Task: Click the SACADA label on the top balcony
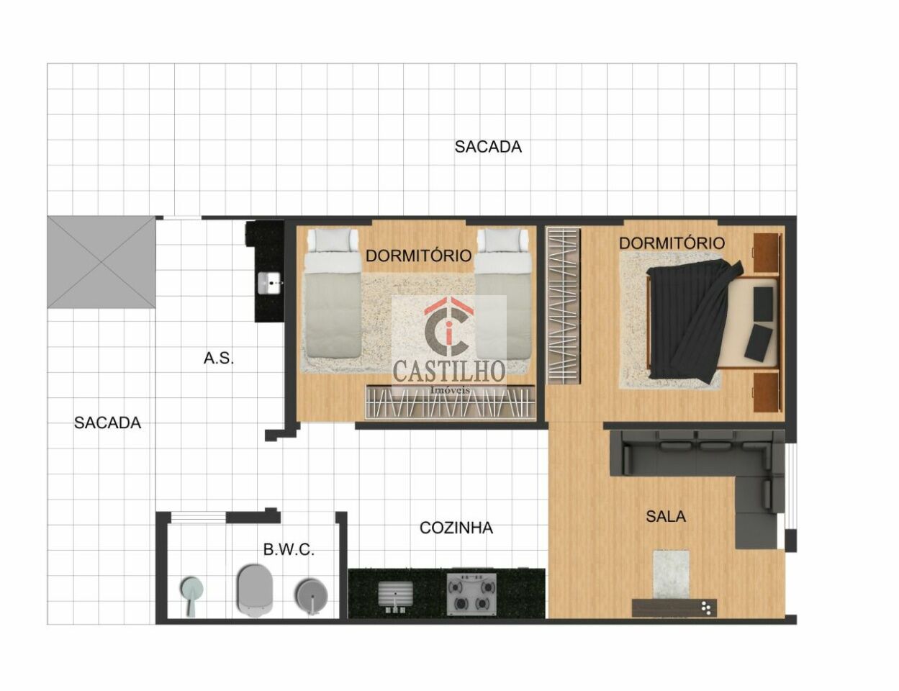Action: pyautogui.click(x=488, y=147)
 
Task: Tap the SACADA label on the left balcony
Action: pyautogui.click(x=107, y=423)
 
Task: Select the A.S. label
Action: pyautogui.click(x=218, y=358)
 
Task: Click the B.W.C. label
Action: pyautogui.click(x=289, y=550)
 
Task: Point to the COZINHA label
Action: pyautogui.click(x=456, y=528)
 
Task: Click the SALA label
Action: pyautogui.click(x=666, y=517)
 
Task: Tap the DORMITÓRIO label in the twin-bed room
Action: pyautogui.click(x=419, y=256)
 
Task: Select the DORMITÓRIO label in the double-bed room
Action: pyautogui.click(x=672, y=243)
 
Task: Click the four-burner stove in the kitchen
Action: pyautogui.click(x=471, y=594)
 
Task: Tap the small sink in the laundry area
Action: pyautogui.click(x=269, y=284)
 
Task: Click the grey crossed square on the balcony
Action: pyautogui.click(x=101, y=263)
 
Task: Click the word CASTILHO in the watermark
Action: pyautogui.click(x=449, y=371)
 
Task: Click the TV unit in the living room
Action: pyautogui.click(x=674, y=607)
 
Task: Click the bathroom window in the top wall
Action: pyautogui.click(x=198, y=517)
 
